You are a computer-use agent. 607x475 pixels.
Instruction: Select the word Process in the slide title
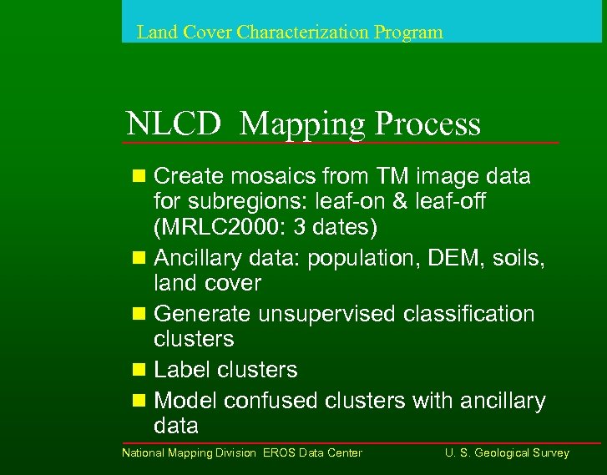point(427,124)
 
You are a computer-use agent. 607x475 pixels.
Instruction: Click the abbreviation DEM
point(451,259)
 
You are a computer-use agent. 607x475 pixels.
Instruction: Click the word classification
point(468,314)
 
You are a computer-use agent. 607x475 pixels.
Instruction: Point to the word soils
point(515,259)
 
